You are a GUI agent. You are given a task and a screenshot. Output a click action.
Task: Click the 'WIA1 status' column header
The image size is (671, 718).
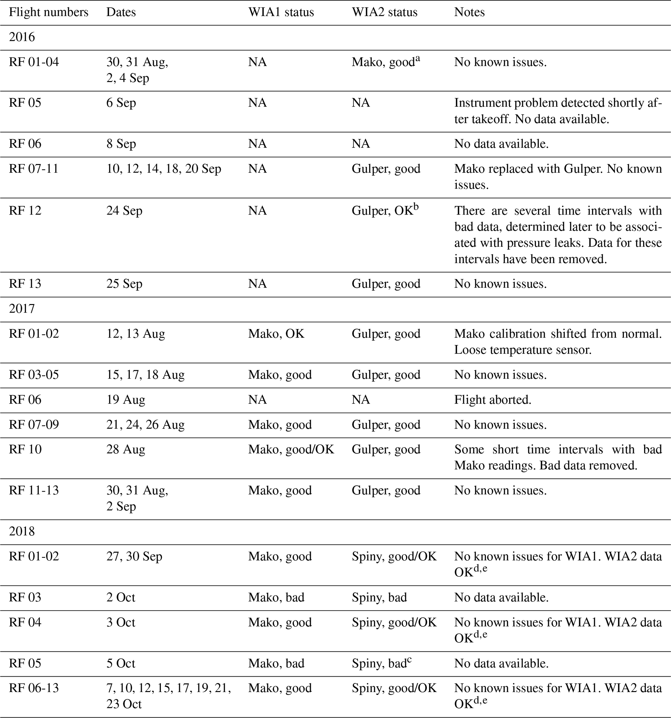tap(281, 12)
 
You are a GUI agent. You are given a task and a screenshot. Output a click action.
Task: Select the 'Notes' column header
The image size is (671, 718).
tap(469, 12)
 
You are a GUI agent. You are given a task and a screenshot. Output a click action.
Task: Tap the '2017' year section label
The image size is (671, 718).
tap(22, 309)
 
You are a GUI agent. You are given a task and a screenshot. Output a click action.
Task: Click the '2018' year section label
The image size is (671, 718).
tap(22, 531)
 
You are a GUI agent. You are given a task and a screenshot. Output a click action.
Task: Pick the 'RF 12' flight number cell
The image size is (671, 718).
tap(25, 211)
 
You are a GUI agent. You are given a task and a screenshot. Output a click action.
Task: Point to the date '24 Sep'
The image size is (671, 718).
tap(124, 211)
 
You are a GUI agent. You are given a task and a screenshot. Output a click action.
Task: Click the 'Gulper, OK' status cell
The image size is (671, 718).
tap(385, 211)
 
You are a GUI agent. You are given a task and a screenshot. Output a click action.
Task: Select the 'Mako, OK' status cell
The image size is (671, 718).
tap(276, 333)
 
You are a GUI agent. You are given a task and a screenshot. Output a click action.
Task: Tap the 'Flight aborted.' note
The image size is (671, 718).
tap(493, 400)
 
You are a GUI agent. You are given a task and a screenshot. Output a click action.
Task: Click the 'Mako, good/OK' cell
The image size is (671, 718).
tap(291, 449)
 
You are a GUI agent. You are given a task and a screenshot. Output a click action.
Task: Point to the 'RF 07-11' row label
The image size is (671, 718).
tap(33, 169)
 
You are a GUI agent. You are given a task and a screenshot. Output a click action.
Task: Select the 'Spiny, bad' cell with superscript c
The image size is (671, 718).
tap(381, 663)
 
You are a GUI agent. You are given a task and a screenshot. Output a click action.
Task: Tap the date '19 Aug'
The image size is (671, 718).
tap(126, 400)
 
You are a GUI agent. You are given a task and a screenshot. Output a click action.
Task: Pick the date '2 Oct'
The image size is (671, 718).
tap(121, 597)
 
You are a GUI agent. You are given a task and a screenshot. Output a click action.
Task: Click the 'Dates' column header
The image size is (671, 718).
tap(121, 12)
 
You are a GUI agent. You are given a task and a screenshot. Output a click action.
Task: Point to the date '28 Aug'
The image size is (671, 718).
tap(126, 449)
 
